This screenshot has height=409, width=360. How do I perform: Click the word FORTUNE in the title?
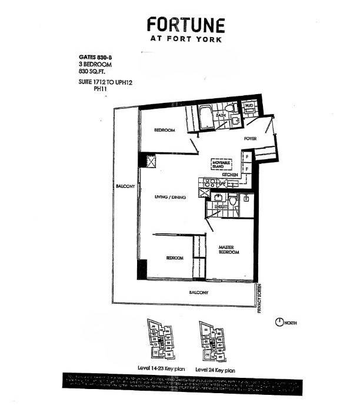185,25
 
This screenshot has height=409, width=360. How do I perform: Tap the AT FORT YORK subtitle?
185,39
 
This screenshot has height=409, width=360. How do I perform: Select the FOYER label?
253,139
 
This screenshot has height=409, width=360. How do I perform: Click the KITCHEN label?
229,175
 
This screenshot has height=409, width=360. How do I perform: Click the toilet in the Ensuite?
233,200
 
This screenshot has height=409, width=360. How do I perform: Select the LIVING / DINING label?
170,197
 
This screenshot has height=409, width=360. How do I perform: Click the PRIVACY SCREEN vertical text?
259,298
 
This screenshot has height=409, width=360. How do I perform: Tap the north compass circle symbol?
278,323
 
